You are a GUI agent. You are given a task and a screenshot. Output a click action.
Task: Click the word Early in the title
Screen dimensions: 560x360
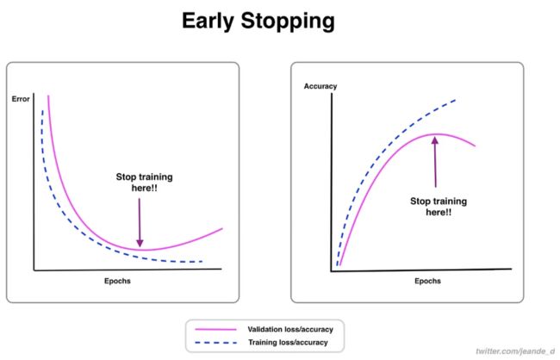[208, 22]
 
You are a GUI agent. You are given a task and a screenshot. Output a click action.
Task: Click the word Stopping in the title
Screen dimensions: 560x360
[288, 22]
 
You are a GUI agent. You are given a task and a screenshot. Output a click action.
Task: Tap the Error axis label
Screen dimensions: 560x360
[21, 99]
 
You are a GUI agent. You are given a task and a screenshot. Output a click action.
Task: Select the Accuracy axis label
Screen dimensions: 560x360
[320, 86]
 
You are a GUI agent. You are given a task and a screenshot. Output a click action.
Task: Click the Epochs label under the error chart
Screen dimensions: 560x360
[117, 281]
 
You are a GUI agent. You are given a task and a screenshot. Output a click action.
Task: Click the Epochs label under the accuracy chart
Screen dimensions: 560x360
[427, 281]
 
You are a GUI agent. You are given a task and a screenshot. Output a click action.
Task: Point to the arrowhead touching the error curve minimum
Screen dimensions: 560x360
[140, 243]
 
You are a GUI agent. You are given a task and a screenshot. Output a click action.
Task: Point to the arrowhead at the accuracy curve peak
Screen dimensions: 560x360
[434, 140]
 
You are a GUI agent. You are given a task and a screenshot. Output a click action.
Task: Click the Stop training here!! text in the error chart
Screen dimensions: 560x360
[144, 182]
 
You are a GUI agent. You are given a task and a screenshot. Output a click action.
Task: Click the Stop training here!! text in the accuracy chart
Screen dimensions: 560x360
[439, 207]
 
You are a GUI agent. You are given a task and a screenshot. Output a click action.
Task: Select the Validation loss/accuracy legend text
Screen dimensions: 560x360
[290, 329]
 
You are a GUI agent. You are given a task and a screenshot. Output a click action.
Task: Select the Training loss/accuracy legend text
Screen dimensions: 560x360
[288, 343]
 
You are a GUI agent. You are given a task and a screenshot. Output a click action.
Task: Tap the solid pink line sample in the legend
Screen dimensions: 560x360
[215, 329]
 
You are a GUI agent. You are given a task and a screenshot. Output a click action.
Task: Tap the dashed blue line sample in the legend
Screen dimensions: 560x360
[215, 343]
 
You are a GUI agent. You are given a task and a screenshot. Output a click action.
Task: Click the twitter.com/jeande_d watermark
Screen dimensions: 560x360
[515, 351]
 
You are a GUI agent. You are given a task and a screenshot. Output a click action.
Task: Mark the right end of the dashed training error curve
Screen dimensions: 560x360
[202, 262]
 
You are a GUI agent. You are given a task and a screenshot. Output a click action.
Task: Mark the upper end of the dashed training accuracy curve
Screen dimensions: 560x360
[456, 100]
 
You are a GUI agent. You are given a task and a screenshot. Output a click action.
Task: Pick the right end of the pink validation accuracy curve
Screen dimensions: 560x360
[475, 146]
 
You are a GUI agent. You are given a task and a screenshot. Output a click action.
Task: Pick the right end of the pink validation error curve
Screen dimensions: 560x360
[222, 228]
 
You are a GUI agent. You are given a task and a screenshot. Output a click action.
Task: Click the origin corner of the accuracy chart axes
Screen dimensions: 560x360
[332, 271]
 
